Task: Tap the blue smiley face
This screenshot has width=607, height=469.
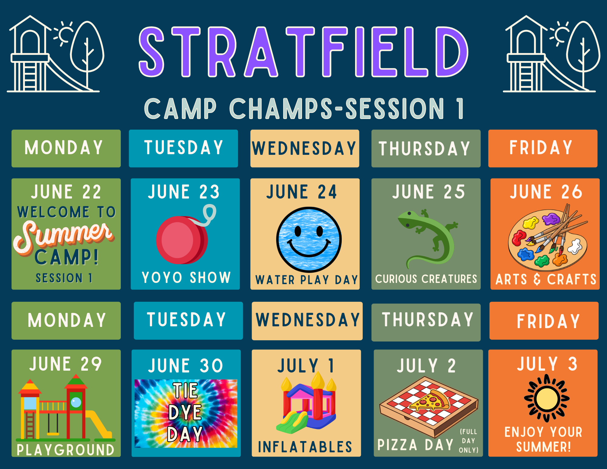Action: [309, 240]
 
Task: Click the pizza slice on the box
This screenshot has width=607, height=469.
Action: [429, 401]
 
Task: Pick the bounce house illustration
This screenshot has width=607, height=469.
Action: [307, 404]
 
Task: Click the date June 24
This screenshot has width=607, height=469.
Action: [302, 192]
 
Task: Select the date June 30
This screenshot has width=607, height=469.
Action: [186, 365]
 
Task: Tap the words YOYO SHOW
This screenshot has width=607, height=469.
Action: [186, 277]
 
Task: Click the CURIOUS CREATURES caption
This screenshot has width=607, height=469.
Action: [426, 279]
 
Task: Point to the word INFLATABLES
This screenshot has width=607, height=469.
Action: [305, 447]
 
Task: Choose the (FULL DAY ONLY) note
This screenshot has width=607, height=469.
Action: [469, 441]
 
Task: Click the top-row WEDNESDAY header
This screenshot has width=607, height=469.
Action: [304, 148]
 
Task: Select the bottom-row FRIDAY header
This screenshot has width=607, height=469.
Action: [548, 321]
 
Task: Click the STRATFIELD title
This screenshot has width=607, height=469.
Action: [303, 52]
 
